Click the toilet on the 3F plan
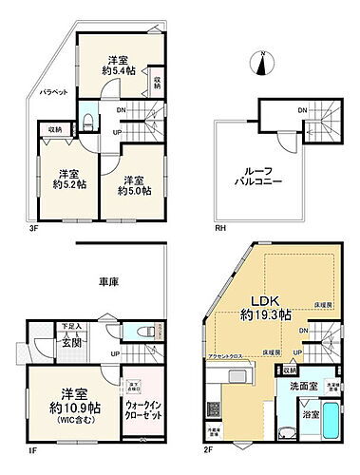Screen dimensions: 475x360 pos(87,120)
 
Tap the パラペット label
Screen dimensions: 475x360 pos(46,91)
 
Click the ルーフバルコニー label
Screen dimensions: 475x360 pos(259,177)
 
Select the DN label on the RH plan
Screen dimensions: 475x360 pos(302,111)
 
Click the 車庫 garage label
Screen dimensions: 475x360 pos(106,282)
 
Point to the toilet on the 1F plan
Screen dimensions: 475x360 pos(144,332)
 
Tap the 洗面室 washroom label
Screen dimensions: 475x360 pos(291,389)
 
